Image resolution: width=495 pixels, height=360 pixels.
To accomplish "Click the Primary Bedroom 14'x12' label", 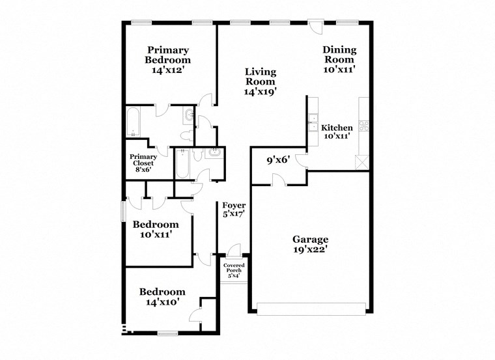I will coord(168,59).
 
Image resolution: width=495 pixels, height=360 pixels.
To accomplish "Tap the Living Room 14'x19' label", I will coord(261,81).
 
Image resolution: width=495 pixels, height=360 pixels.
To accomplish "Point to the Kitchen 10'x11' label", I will coord(337,132).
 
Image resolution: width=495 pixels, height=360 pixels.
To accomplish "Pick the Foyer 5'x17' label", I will coord(233,210).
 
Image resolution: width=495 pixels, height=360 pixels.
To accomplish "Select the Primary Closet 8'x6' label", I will coord(142,163).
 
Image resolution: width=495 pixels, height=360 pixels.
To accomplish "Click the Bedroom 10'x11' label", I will coord(152,230).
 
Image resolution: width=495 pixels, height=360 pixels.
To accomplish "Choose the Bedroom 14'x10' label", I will coord(162,297).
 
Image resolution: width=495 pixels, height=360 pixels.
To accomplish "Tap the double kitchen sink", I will coord(313,122).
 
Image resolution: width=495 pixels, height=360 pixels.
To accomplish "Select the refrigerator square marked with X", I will coord(361,162).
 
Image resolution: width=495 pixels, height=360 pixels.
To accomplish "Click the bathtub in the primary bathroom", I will coord(133,122).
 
